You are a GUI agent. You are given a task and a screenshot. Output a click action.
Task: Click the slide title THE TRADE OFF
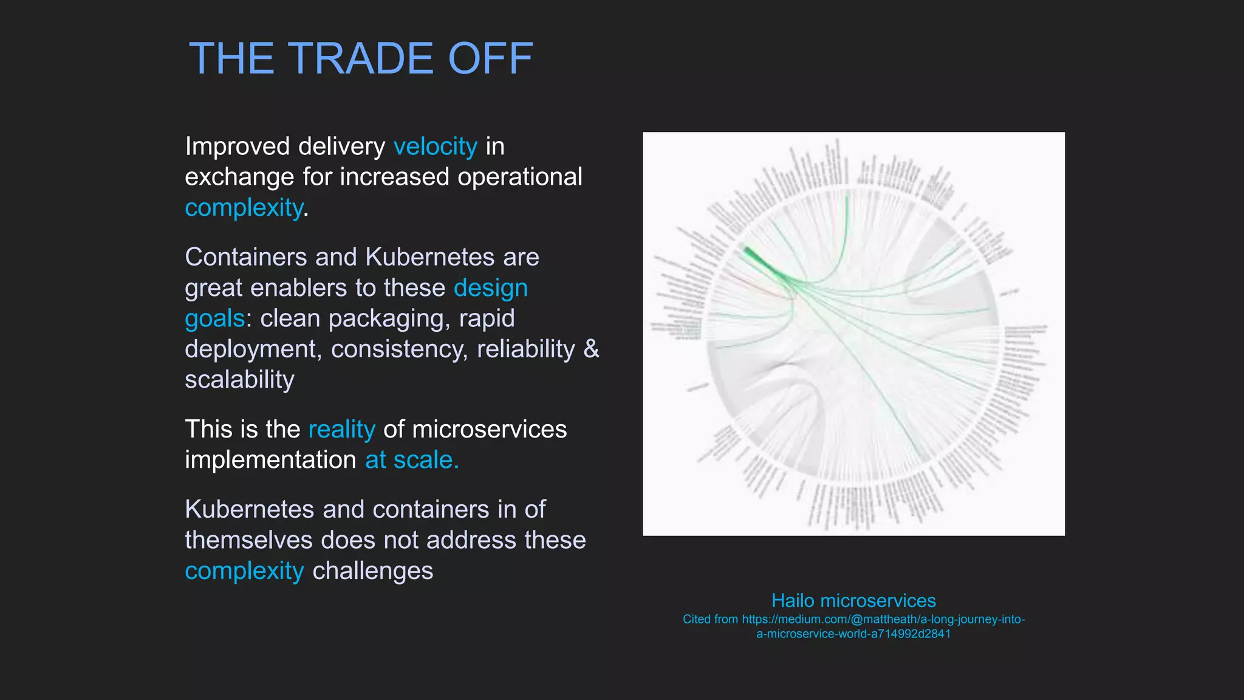[361, 59]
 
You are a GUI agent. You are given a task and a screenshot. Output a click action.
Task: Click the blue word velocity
[435, 146]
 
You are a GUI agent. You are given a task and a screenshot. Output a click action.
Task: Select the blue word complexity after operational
[244, 208]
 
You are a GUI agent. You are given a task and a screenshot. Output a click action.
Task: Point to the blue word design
[491, 288]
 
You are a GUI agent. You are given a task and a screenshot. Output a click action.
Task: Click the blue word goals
[214, 318]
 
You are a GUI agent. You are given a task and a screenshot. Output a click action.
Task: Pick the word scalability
[239, 380]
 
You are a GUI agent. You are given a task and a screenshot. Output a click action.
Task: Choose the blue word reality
[342, 430]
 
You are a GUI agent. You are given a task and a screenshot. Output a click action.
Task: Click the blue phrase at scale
[412, 460]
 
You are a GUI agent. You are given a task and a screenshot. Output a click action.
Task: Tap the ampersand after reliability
[591, 349]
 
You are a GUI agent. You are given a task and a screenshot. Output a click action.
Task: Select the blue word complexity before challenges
[244, 571]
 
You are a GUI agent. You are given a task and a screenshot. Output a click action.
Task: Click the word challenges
[372, 571]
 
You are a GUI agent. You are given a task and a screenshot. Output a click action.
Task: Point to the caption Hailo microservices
[853, 600]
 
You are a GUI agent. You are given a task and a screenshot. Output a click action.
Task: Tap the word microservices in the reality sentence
[489, 430]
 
